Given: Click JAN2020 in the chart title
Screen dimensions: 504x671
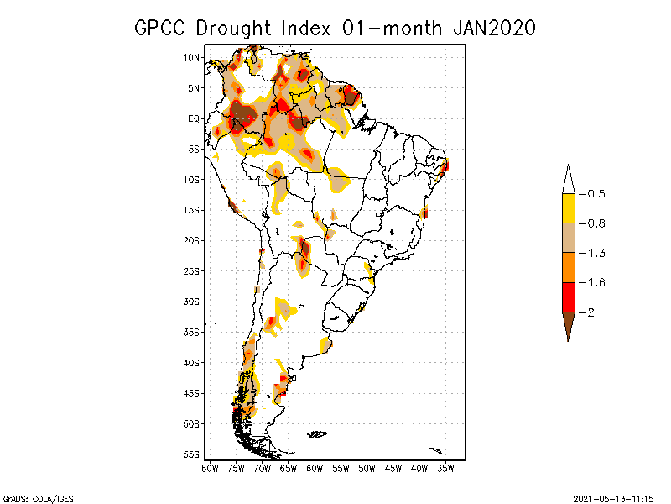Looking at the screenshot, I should tap(493, 28).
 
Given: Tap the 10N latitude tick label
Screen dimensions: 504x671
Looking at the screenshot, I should tap(191, 57).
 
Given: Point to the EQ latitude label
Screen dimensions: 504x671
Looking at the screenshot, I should tap(193, 118).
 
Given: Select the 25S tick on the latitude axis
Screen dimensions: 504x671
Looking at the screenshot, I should tap(191, 270).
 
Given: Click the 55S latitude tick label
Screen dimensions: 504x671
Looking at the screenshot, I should tap(191, 454).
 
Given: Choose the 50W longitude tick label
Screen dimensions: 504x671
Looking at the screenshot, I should tap(367, 467).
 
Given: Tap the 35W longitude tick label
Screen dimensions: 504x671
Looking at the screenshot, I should tap(445, 467).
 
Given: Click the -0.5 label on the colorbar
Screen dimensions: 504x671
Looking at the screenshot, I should tap(596, 194).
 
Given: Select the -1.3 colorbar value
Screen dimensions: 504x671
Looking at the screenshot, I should tap(596, 253).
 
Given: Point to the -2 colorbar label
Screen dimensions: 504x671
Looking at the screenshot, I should tap(591, 312).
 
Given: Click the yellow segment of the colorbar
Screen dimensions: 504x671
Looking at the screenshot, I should tap(568, 208).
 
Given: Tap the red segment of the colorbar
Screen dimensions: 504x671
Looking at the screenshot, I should tap(568, 297).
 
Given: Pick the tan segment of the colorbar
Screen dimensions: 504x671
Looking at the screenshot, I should tap(568, 238).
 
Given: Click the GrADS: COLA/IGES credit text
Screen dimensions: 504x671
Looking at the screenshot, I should tap(29, 496).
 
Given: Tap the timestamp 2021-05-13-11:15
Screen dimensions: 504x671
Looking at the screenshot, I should tap(613, 496).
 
